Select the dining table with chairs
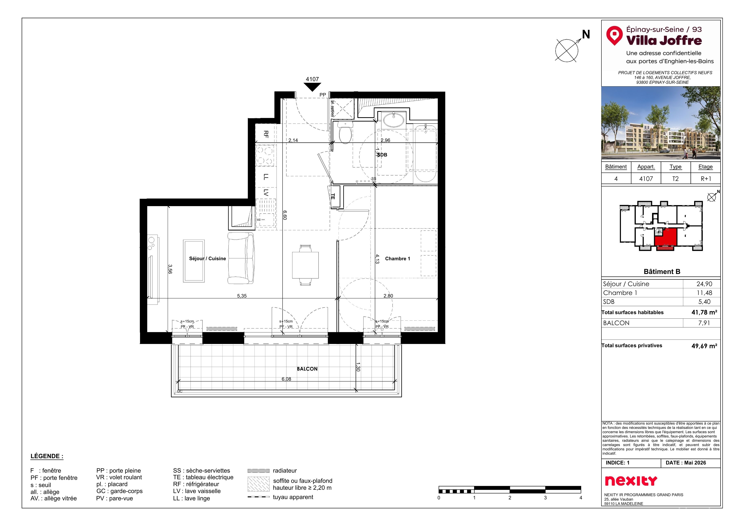click(x=305, y=265)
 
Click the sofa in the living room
click(x=241, y=258)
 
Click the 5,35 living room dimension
click(x=242, y=296)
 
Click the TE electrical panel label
click(x=333, y=196)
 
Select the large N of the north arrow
click(x=586, y=34)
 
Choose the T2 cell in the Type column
click(x=675, y=179)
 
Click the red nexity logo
click(x=631, y=480)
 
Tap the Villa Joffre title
click(x=664, y=41)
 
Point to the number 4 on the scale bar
click(x=581, y=498)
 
